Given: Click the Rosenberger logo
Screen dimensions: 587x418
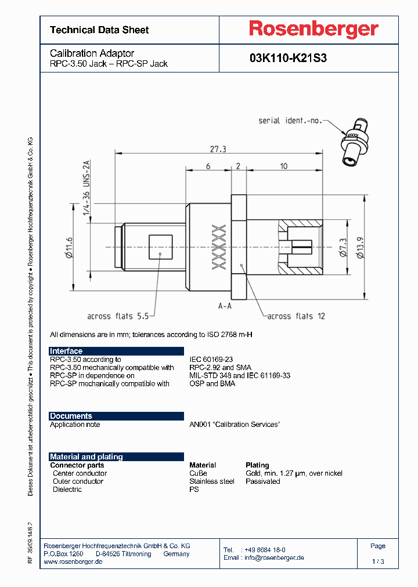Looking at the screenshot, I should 313,29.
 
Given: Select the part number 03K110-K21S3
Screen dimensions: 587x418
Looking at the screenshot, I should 288,59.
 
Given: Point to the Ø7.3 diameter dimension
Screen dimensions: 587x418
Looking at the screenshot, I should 344,247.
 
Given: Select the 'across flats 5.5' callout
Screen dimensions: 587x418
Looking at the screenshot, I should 118,316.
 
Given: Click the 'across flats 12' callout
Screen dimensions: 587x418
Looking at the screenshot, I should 297,316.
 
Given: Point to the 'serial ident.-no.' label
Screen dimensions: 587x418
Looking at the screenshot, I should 290,121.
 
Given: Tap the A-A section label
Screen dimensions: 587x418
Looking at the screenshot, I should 225,306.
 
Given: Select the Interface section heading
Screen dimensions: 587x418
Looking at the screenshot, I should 66,351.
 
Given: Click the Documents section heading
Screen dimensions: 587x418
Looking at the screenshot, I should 71,416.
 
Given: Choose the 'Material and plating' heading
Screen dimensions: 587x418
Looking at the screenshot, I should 86,456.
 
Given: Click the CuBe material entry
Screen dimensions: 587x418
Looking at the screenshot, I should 198,473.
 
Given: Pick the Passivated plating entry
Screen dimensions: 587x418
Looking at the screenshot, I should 262,481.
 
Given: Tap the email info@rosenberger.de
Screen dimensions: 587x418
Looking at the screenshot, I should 273,557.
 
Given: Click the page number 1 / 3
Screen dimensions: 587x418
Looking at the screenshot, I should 377,561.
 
